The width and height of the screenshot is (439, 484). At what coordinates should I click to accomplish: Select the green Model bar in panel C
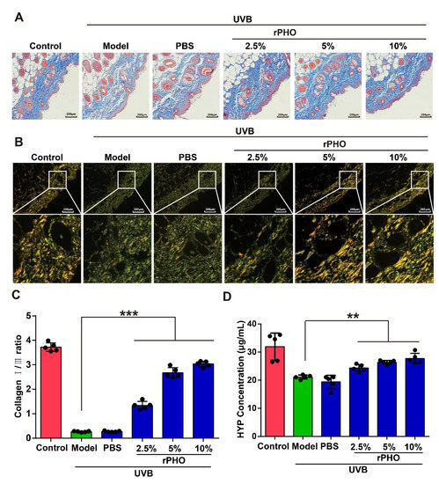point(82,434)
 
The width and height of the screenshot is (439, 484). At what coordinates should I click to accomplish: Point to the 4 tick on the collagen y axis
point(32,341)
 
